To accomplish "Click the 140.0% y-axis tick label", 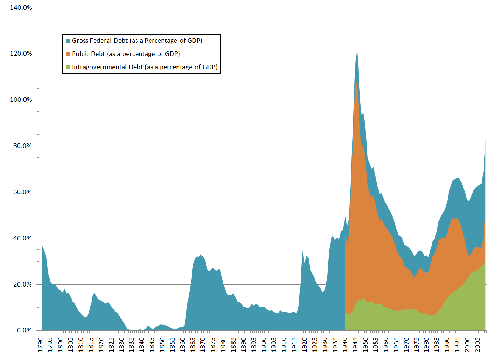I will (21, 8).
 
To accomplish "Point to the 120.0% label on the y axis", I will (21, 54).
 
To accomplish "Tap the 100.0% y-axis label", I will (21, 100).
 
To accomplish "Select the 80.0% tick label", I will (22, 146).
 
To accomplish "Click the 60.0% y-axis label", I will (22, 192).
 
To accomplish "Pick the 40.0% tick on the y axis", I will (22, 238).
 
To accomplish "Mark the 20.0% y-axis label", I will (22, 285).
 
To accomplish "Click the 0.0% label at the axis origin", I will (24, 330).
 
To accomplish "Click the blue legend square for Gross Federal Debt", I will (68, 41).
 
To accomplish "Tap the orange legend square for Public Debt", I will (68, 54).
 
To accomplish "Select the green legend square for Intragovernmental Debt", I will (68, 67).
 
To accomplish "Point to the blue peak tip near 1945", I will (357, 50).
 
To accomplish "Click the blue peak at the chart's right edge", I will (485, 140).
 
